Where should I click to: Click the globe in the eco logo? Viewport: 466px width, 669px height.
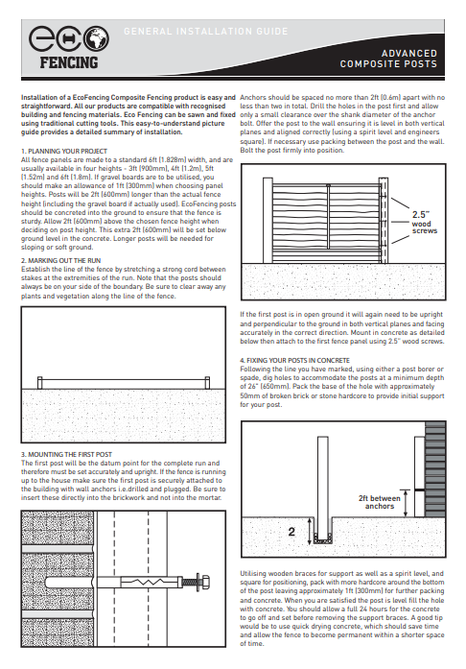[96, 38]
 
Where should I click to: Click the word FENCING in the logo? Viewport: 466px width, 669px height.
[69, 63]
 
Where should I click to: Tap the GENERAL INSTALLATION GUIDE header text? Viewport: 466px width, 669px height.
[206, 31]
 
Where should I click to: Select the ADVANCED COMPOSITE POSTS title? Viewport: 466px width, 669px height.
[388, 59]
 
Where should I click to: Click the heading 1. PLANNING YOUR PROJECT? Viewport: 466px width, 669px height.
[64, 151]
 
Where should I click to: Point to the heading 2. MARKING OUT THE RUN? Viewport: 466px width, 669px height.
[61, 260]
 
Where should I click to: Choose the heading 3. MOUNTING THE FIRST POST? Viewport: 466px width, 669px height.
[66, 454]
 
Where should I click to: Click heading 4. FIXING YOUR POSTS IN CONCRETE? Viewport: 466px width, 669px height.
[294, 360]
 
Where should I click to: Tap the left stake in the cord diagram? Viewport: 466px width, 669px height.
[39, 383]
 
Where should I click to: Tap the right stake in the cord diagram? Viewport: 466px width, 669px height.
[208, 383]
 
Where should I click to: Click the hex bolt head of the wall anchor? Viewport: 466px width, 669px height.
[205, 582]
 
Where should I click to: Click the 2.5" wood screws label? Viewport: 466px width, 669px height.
[424, 223]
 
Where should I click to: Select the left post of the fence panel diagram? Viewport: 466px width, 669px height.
[268, 220]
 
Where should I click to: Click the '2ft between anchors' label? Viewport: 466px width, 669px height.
[380, 502]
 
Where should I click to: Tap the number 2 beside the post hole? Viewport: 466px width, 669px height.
[291, 532]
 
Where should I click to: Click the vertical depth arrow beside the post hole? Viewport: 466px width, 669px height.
[310, 531]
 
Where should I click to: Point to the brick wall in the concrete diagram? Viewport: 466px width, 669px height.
[435, 469]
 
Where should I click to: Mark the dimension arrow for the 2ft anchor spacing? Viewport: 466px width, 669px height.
[406, 504]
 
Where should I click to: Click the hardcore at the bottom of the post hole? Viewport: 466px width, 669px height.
[323, 539]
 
